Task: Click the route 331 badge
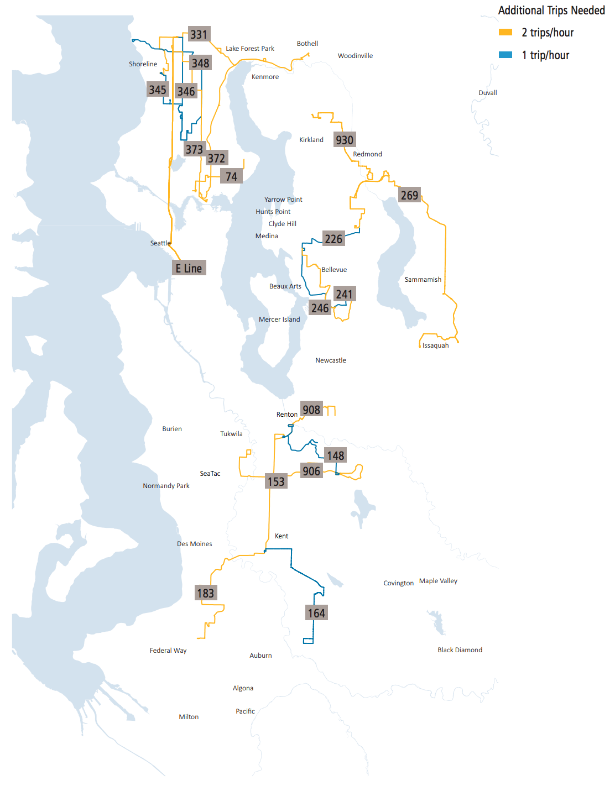(199, 34)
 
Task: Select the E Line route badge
(189, 268)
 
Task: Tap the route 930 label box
(345, 140)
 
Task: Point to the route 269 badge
(409, 195)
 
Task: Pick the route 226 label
(333, 239)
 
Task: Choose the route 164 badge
(316, 613)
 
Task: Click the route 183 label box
(205, 593)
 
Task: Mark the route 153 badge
(276, 481)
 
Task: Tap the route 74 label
(231, 176)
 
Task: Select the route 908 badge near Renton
(311, 410)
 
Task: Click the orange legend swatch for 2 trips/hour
(505, 33)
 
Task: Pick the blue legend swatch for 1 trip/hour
(505, 55)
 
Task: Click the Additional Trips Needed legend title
(551, 11)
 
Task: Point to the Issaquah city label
(436, 345)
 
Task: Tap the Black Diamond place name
(460, 650)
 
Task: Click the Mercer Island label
(279, 319)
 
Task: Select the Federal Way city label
(168, 651)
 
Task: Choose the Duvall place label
(488, 93)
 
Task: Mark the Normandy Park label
(166, 486)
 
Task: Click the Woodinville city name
(355, 56)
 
